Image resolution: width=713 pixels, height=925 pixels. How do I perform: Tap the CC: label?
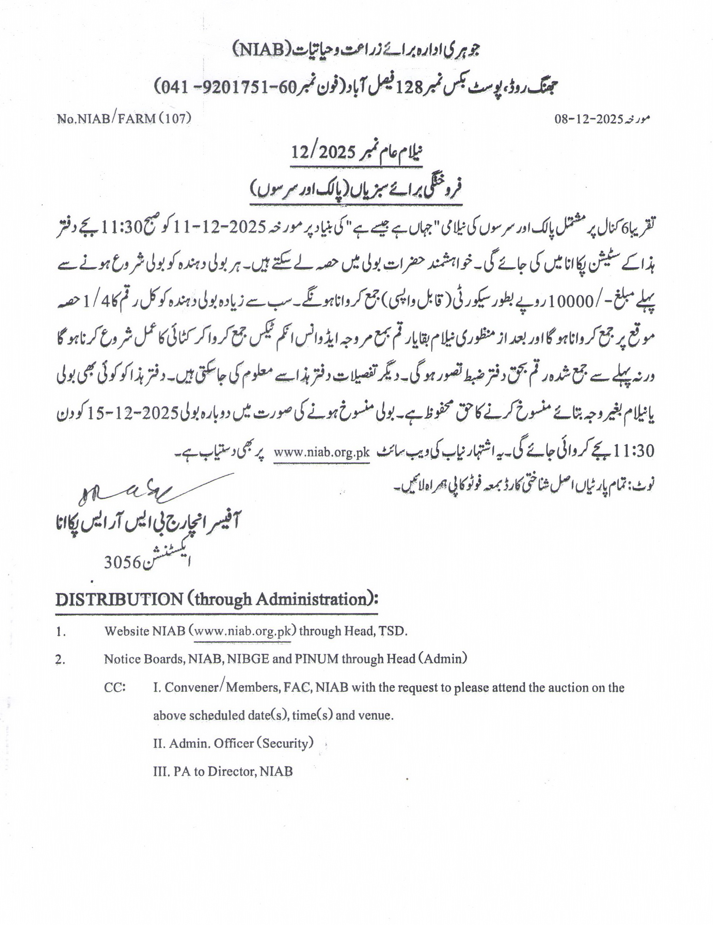coord(115,687)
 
